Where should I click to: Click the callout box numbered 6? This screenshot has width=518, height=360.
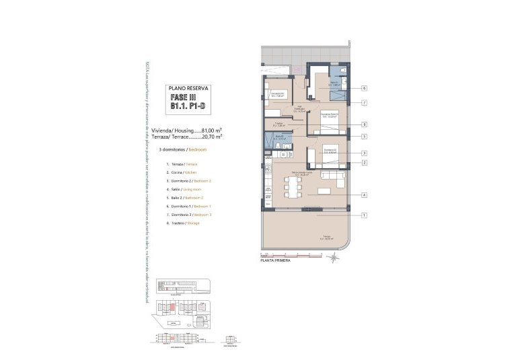coord(363,88)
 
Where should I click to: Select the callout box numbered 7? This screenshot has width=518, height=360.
coord(363,103)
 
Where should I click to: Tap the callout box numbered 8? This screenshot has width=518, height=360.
coord(363,124)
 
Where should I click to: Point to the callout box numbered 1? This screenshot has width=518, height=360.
coord(363,215)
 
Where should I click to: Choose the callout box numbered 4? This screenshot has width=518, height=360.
coord(363,195)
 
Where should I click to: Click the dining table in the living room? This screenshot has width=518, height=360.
coord(293,186)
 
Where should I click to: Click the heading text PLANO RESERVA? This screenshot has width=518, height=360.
coord(188,87)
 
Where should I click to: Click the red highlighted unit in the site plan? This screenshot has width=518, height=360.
coord(172,308)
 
